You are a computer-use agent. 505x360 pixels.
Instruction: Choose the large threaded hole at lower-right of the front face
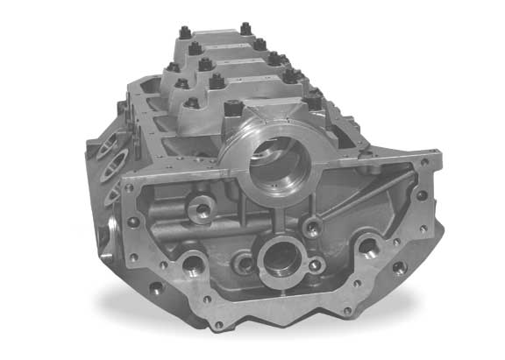point(367,249)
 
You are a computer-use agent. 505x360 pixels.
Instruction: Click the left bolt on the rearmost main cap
point(186,33)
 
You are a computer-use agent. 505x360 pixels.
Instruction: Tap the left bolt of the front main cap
point(233,109)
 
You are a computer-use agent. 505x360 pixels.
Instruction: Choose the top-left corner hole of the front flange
point(131,186)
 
